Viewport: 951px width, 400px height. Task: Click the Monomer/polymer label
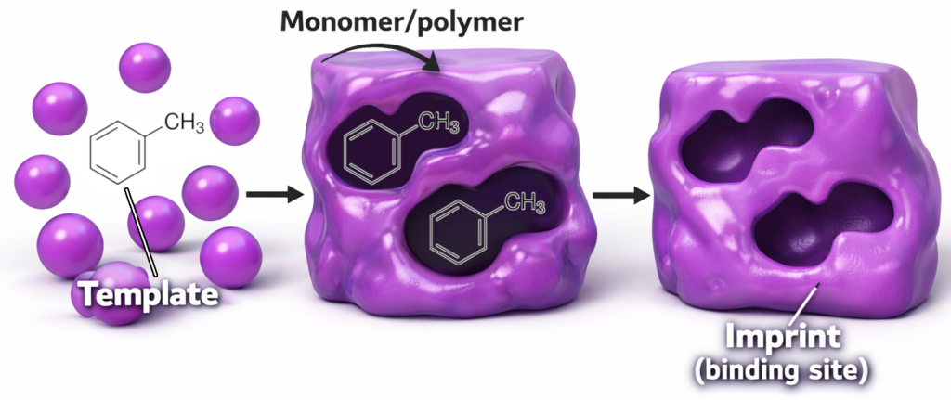point(401,22)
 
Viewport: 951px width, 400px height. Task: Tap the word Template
point(150,294)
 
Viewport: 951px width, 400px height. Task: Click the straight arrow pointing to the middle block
point(275,195)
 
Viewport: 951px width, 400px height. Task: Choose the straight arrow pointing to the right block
point(620,195)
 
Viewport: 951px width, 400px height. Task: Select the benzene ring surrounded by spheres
point(118,150)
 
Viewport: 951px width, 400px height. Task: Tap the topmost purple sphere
point(145,67)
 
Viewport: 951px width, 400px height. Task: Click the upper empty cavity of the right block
point(745,148)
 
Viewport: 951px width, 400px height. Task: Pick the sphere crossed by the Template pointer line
point(156,223)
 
